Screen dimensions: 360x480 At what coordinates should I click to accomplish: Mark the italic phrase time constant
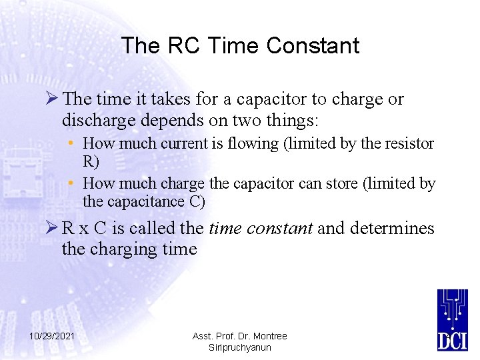tap(261, 229)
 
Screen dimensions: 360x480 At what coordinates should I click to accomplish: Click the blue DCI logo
tap(453, 319)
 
